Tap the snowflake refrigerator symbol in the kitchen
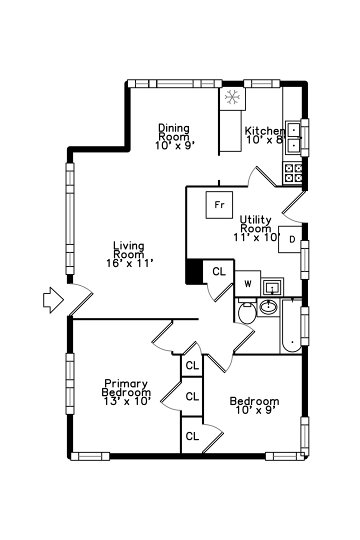click(232, 97)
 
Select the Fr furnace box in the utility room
click(219, 205)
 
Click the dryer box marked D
click(291, 239)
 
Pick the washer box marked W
click(247, 283)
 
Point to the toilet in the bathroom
click(246, 312)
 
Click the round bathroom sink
click(268, 307)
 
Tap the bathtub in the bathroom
click(291, 325)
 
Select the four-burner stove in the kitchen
click(293, 172)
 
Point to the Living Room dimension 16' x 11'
click(128, 263)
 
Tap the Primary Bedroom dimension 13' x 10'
click(126, 400)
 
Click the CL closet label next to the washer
click(219, 272)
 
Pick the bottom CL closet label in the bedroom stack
click(192, 436)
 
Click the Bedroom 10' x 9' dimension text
click(254, 410)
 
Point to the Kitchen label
click(264, 131)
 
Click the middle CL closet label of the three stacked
click(192, 397)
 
